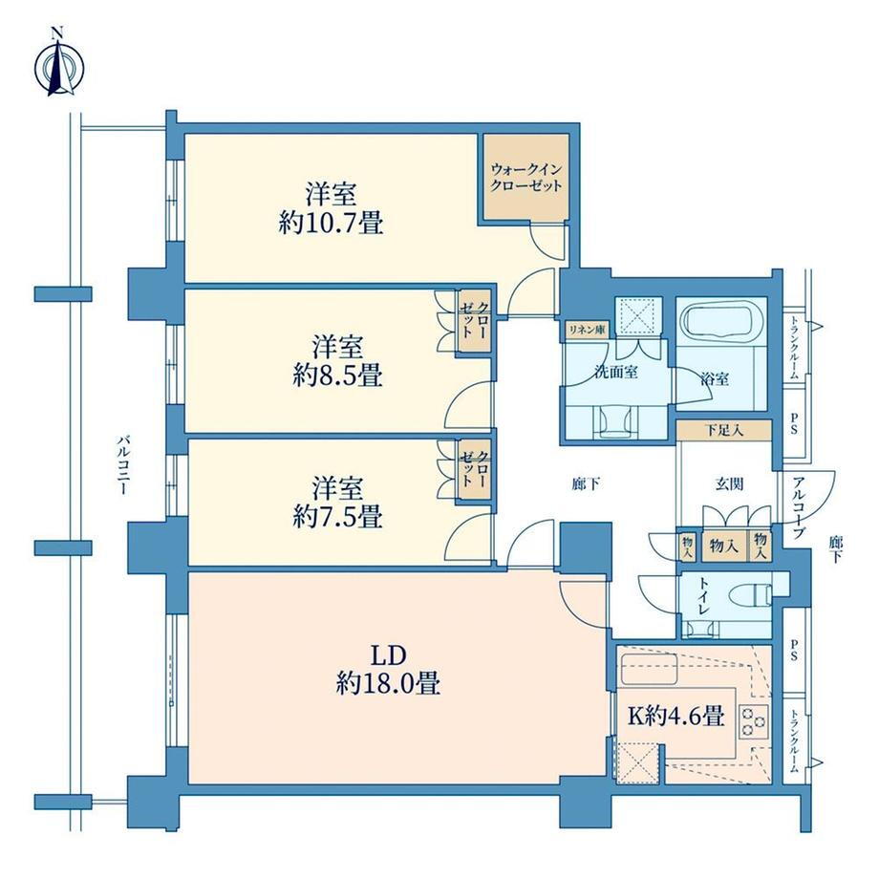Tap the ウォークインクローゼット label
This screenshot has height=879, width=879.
[525, 177]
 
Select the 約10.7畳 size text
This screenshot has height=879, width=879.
[332, 224]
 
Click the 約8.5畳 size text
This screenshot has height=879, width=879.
[337, 375]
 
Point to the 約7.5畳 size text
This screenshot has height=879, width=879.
[337, 516]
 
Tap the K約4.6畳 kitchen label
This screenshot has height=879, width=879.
[675, 716]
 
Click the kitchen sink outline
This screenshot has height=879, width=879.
[649, 670]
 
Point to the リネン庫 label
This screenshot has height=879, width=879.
[587, 331]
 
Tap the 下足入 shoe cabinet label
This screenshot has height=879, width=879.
[724, 430]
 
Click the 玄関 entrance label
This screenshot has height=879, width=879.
[729, 483]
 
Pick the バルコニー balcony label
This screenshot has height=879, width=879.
[122, 463]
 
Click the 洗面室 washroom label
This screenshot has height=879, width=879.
[616, 372]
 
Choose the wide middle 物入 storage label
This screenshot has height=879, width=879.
[723, 545]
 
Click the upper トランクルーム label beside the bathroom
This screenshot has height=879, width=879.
[794, 349]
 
